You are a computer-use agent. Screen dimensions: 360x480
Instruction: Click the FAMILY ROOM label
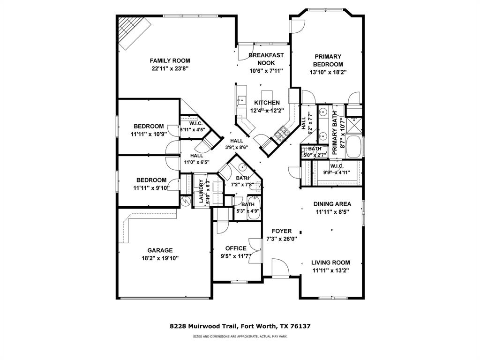(170, 60)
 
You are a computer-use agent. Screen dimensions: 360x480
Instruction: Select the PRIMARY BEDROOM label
(328, 60)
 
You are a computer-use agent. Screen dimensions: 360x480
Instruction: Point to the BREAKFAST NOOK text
(266, 59)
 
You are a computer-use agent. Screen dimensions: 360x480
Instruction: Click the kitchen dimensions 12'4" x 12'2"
(267, 111)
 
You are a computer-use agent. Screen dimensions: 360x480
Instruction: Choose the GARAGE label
(160, 250)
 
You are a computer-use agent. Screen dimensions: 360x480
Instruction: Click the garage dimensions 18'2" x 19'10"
(160, 258)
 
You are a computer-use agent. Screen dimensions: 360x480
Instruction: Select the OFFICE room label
(235, 248)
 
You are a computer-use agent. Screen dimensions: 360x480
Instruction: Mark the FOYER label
(281, 231)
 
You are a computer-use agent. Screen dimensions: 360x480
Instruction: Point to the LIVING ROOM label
(331, 262)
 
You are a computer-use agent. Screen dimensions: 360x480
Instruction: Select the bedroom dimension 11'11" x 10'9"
(149, 134)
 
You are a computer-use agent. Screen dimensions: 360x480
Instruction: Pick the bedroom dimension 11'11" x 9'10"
(151, 188)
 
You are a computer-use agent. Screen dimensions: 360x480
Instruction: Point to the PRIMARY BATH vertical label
(335, 136)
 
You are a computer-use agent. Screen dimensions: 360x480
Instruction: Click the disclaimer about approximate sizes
(240, 337)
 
